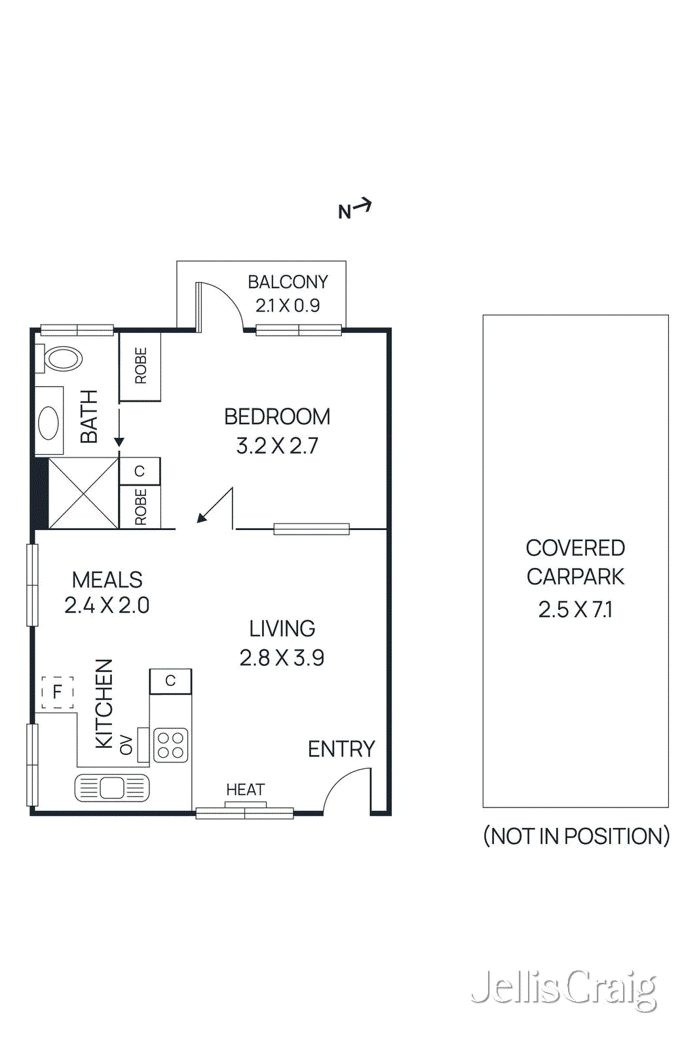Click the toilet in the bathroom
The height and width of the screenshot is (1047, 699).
pos(62,359)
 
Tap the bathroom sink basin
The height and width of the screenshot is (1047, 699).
pos(48,422)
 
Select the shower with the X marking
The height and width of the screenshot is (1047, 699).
pos(83,493)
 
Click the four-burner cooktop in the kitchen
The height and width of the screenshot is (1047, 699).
pos(170,745)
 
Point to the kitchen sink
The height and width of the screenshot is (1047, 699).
pos(112,788)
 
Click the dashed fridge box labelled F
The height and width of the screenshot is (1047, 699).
pos(57,692)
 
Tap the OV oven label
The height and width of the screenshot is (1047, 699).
pos(126,745)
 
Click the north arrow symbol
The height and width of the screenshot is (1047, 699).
pos(354,209)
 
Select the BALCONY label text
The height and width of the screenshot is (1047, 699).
pos(288,282)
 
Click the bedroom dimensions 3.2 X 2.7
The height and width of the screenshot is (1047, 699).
pos(277,446)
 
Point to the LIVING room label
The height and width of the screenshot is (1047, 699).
pos(282,629)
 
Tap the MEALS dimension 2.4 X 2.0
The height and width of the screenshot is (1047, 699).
pos(107,605)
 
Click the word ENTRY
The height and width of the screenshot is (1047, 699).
pos(341,749)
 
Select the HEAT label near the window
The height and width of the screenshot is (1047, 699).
pos(245,790)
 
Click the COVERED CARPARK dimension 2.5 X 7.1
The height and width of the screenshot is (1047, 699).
pos(575,610)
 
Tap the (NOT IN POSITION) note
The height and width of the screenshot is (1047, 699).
pos(576,836)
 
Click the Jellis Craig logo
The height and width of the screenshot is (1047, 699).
pos(563,988)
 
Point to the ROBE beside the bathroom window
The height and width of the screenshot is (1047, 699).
pos(140,366)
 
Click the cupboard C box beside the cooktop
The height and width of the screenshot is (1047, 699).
pos(170,681)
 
